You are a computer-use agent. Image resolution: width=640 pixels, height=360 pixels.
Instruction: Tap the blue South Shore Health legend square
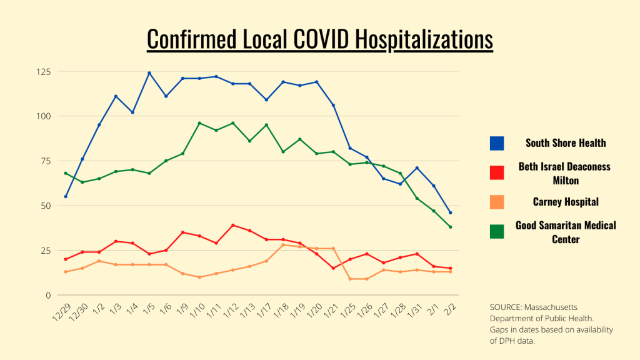497,143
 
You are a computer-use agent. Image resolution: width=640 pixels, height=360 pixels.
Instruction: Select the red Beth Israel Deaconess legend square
497,172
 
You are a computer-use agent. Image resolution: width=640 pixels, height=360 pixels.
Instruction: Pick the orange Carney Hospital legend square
497,201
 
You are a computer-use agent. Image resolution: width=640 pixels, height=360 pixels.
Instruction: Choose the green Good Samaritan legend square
497,231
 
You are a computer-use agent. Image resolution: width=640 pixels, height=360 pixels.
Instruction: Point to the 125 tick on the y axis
44,71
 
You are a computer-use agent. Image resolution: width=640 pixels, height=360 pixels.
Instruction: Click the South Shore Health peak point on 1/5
149,73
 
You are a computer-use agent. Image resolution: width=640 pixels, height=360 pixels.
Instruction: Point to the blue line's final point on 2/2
450,212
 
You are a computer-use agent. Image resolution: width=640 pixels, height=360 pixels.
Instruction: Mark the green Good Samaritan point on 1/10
199,123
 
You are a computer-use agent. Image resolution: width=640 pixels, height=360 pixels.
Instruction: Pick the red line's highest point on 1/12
233,225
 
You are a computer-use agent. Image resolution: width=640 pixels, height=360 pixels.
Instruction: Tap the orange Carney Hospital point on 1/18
283,245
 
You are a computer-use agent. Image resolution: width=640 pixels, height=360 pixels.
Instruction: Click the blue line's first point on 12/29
66,196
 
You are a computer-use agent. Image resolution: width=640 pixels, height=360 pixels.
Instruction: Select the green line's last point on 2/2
450,227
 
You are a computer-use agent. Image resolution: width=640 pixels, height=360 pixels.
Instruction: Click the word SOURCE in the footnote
507,307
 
